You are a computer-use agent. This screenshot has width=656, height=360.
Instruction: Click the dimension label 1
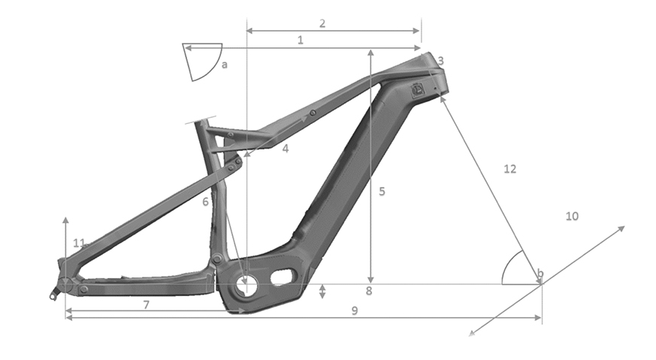[300, 40]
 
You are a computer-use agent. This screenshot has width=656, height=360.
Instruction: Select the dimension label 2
[322, 23]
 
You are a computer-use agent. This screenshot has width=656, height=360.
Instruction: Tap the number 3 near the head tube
[441, 61]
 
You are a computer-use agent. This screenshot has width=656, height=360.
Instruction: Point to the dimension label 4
[286, 149]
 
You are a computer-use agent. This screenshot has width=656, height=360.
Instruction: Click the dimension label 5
[382, 192]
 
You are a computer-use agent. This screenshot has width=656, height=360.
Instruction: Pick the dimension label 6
[205, 201]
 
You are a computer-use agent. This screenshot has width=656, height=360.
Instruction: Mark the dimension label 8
[368, 291]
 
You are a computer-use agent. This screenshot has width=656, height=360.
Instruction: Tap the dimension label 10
[572, 216]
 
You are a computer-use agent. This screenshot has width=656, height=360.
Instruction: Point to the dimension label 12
[509, 169]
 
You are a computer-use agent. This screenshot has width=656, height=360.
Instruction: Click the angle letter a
[224, 65]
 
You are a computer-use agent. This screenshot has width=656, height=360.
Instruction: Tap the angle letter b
[539, 272]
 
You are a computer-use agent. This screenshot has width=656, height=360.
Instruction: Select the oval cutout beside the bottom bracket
[282, 276]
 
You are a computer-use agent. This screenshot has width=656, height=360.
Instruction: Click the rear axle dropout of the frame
[65, 284]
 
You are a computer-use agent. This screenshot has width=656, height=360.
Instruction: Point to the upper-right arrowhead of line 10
[623, 227]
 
